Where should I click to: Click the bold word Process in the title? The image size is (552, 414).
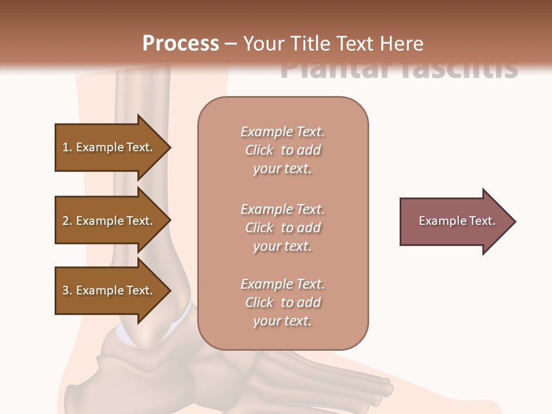click(181, 44)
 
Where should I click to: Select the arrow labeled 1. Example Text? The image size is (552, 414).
click(109, 147)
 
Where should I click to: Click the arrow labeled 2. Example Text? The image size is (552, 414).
click(109, 221)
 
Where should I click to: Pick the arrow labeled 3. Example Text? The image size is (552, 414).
click(109, 290)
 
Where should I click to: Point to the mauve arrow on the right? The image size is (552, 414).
click(454, 221)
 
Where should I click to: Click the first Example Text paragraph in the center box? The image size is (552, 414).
click(282, 150)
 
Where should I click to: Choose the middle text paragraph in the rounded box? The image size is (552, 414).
click(282, 228)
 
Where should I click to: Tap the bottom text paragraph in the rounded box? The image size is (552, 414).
click(282, 302)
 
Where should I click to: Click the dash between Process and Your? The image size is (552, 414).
click(231, 44)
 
